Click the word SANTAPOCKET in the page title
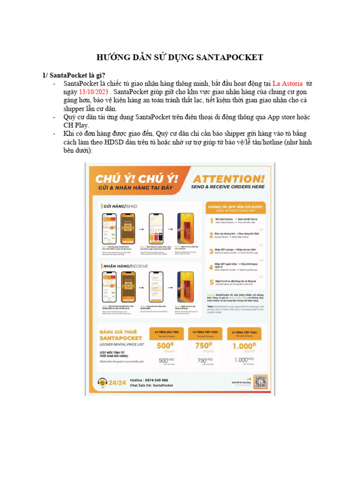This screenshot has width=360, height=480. (x=231, y=58)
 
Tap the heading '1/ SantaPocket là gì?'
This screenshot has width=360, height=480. (x=71, y=75)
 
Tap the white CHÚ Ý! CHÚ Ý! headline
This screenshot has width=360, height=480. (x=137, y=179)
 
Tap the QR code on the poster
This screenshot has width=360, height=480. (x=260, y=382)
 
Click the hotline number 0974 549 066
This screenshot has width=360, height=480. (x=156, y=380)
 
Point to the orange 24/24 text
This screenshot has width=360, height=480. (x=117, y=382)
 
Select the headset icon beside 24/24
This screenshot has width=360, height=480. (x=101, y=382)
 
